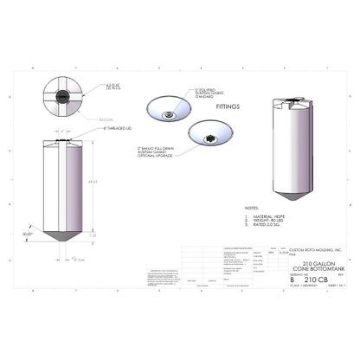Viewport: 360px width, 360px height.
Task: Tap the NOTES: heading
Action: [x=251, y=208]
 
